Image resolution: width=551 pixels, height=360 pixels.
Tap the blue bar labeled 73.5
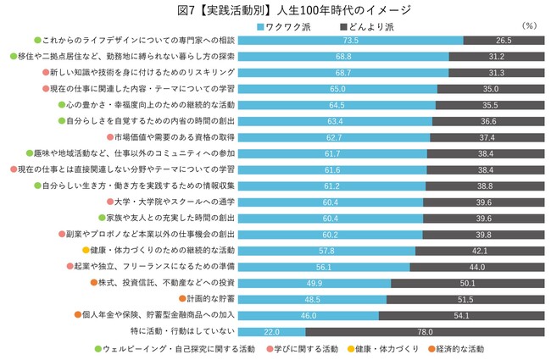[x=350, y=41]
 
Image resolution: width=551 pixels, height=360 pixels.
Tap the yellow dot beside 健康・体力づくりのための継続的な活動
[x=86, y=250]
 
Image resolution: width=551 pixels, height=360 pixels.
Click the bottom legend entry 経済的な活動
[x=462, y=348]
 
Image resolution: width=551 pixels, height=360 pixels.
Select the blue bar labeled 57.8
[x=326, y=250]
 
